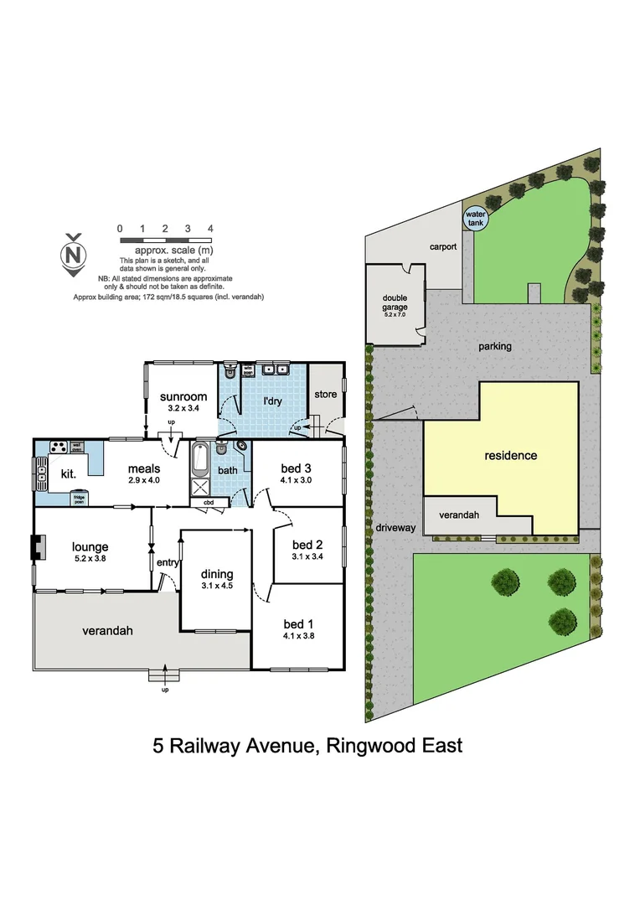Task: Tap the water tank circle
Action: coord(475,218)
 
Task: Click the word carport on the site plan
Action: coord(442,247)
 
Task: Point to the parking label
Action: coord(495,345)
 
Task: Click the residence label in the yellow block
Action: coord(510,456)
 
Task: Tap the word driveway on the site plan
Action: coord(395,528)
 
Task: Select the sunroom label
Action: coord(183,396)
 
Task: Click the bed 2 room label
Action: coord(307,543)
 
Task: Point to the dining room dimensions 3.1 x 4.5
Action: coord(217,586)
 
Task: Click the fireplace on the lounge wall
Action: coord(34,548)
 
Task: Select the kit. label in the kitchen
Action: coord(67,473)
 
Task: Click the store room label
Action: coord(325,394)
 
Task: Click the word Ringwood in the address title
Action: coord(369,746)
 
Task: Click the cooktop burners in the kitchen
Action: coord(59,447)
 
